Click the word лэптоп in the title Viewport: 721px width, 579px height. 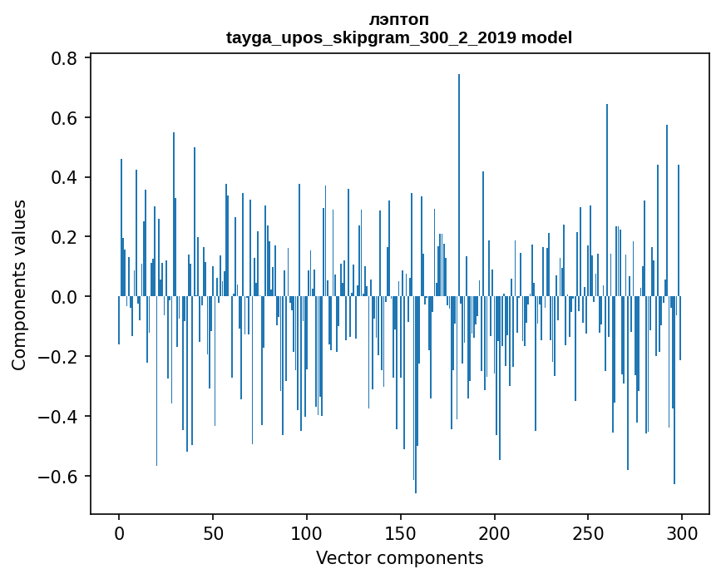[x=399, y=19]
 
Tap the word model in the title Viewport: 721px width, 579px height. [x=546, y=37]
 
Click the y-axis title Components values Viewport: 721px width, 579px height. [x=19, y=285]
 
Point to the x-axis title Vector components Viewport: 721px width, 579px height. [x=399, y=557]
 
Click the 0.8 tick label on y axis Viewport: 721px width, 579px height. [x=65, y=58]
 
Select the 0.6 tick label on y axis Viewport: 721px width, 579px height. [x=65, y=118]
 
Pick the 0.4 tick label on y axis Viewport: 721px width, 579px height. [x=65, y=178]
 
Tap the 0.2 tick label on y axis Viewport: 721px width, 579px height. [x=65, y=237]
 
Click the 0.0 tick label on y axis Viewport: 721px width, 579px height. [x=65, y=297]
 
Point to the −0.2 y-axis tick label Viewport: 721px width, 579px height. [x=59, y=357]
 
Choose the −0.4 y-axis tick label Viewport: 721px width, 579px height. [x=59, y=417]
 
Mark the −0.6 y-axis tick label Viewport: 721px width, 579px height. [x=59, y=477]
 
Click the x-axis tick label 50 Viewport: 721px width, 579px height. [x=213, y=532]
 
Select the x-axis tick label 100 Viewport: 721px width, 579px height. [x=307, y=532]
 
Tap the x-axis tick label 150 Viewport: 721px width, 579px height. [x=400, y=532]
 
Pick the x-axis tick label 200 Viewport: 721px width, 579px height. [x=494, y=532]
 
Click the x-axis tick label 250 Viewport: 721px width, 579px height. [x=588, y=532]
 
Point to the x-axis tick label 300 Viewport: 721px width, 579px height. [x=682, y=532]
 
